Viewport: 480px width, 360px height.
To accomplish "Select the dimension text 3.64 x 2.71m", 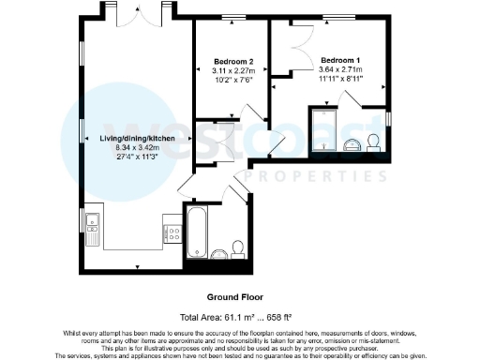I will (338, 68).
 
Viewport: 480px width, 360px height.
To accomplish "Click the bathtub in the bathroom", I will (198, 233).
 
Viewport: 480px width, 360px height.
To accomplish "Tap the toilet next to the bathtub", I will (238, 248).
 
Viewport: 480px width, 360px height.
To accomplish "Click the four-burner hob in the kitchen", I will (172, 231).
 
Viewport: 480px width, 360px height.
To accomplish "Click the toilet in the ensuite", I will (373, 142).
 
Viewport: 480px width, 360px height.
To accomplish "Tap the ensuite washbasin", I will (351, 143).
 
